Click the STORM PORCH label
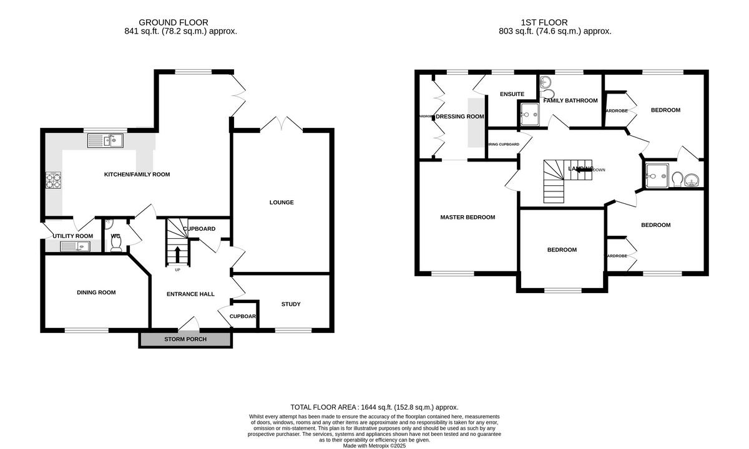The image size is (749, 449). [x=185, y=339]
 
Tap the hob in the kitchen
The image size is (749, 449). [x=53, y=181]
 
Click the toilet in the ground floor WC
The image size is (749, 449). [x=116, y=244]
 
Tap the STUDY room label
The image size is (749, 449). [x=291, y=304]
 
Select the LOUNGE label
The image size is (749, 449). [x=281, y=202]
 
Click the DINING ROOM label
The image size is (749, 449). [x=96, y=292]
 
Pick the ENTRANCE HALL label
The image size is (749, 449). [x=190, y=294]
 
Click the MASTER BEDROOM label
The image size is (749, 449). [x=468, y=217]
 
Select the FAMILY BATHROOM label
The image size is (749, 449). [x=570, y=100]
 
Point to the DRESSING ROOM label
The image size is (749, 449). [x=460, y=116]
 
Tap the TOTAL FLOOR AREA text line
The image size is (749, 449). [x=374, y=407]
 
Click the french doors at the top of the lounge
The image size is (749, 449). [x=281, y=123]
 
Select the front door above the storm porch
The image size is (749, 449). [x=188, y=324]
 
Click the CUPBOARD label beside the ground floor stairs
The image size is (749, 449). [x=199, y=229]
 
